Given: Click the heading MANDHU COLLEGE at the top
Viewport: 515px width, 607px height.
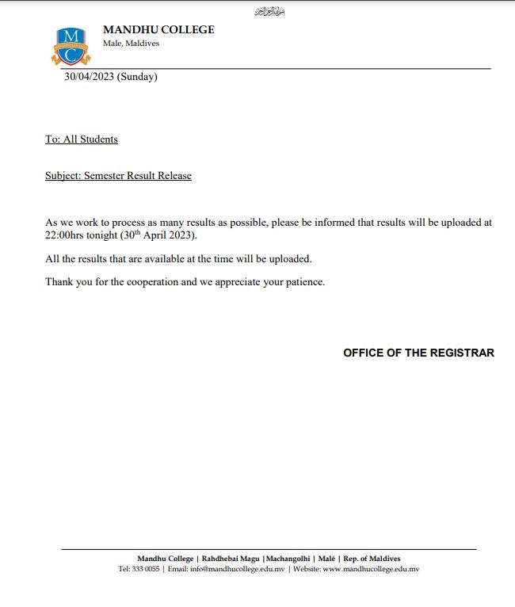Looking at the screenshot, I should pos(158,29).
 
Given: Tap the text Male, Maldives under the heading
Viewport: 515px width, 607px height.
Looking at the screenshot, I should pos(131,44).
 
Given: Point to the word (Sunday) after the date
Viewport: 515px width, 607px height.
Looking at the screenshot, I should pos(137,77).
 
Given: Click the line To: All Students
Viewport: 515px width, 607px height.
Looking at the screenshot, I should pos(82,139).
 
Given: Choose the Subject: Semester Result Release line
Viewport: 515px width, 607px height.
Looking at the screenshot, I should pos(118,176).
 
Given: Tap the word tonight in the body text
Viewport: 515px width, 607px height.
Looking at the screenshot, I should pos(102,236).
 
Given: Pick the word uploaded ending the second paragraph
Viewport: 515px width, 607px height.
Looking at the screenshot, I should pos(290,259).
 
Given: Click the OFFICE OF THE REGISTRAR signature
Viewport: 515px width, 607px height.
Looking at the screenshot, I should pos(418,353).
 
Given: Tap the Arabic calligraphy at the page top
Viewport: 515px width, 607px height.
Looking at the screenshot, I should pos(269,11).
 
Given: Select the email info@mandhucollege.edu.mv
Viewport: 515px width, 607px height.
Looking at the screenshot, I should pos(237,569).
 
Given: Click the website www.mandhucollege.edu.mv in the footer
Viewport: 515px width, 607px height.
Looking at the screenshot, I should pos(370,569).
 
